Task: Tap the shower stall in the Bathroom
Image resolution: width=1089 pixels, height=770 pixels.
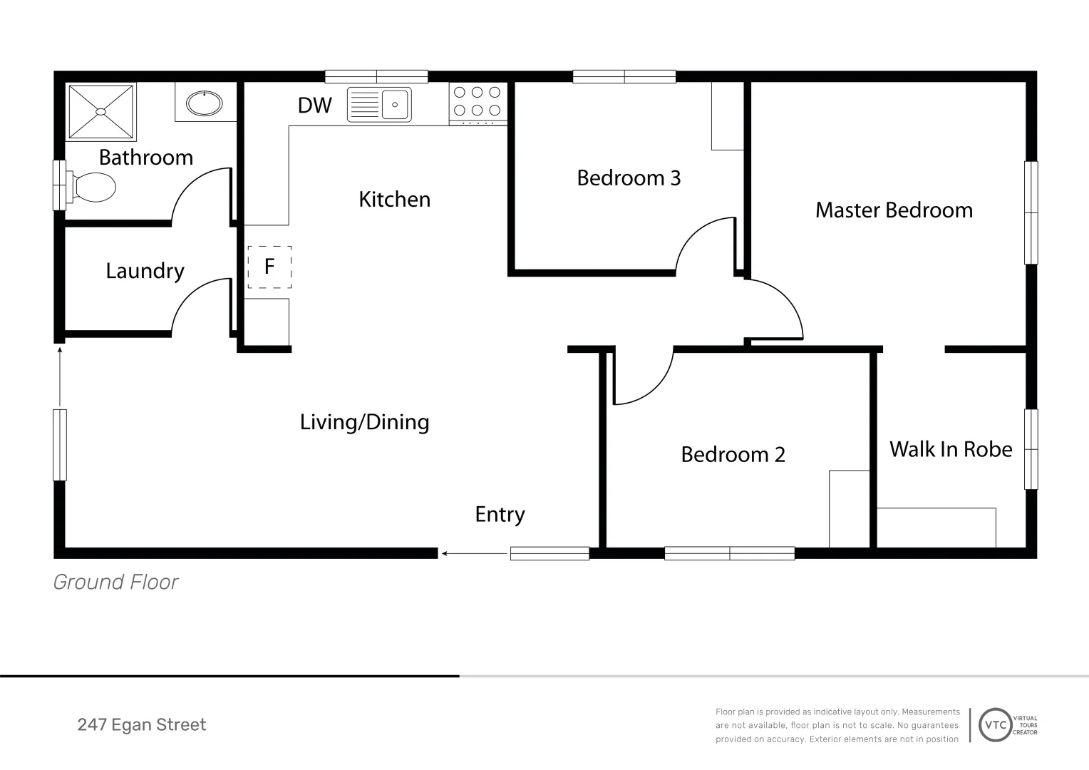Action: [x=100, y=112]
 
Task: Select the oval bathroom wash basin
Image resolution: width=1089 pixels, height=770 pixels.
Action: [x=205, y=103]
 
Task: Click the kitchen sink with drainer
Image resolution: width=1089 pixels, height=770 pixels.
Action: [x=379, y=104]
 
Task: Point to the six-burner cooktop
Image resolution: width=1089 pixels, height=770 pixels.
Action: [x=478, y=101]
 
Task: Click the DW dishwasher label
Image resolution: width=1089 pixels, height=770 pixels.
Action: [x=315, y=105]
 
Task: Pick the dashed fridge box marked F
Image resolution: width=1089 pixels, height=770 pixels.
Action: [x=269, y=267]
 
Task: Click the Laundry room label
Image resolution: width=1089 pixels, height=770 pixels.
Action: [x=145, y=271]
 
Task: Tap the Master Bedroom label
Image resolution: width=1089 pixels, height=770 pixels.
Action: [x=894, y=210]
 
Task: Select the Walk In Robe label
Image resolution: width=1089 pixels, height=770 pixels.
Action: [x=951, y=449]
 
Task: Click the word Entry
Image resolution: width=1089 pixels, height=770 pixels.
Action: [x=500, y=515]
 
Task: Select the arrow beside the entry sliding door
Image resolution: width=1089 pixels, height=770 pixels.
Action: [x=475, y=553]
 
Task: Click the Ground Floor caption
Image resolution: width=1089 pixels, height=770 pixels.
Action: [x=115, y=582]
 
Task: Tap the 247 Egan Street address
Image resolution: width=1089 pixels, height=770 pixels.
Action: [x=142, y=725]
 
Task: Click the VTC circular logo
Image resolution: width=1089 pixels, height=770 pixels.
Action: [x=995, y=725]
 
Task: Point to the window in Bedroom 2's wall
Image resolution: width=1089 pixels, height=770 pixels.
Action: [x=730, y=553]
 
